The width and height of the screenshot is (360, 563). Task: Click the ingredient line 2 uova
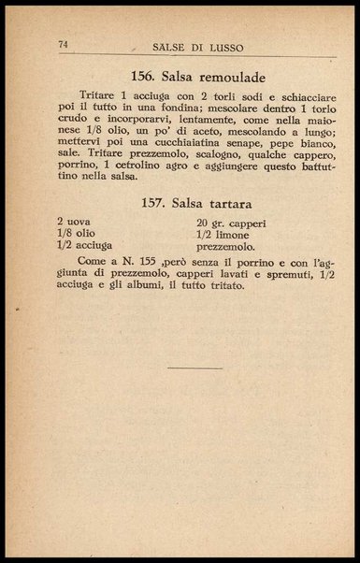coord(73,223)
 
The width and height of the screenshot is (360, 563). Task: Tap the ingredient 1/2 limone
coord(222,235)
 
